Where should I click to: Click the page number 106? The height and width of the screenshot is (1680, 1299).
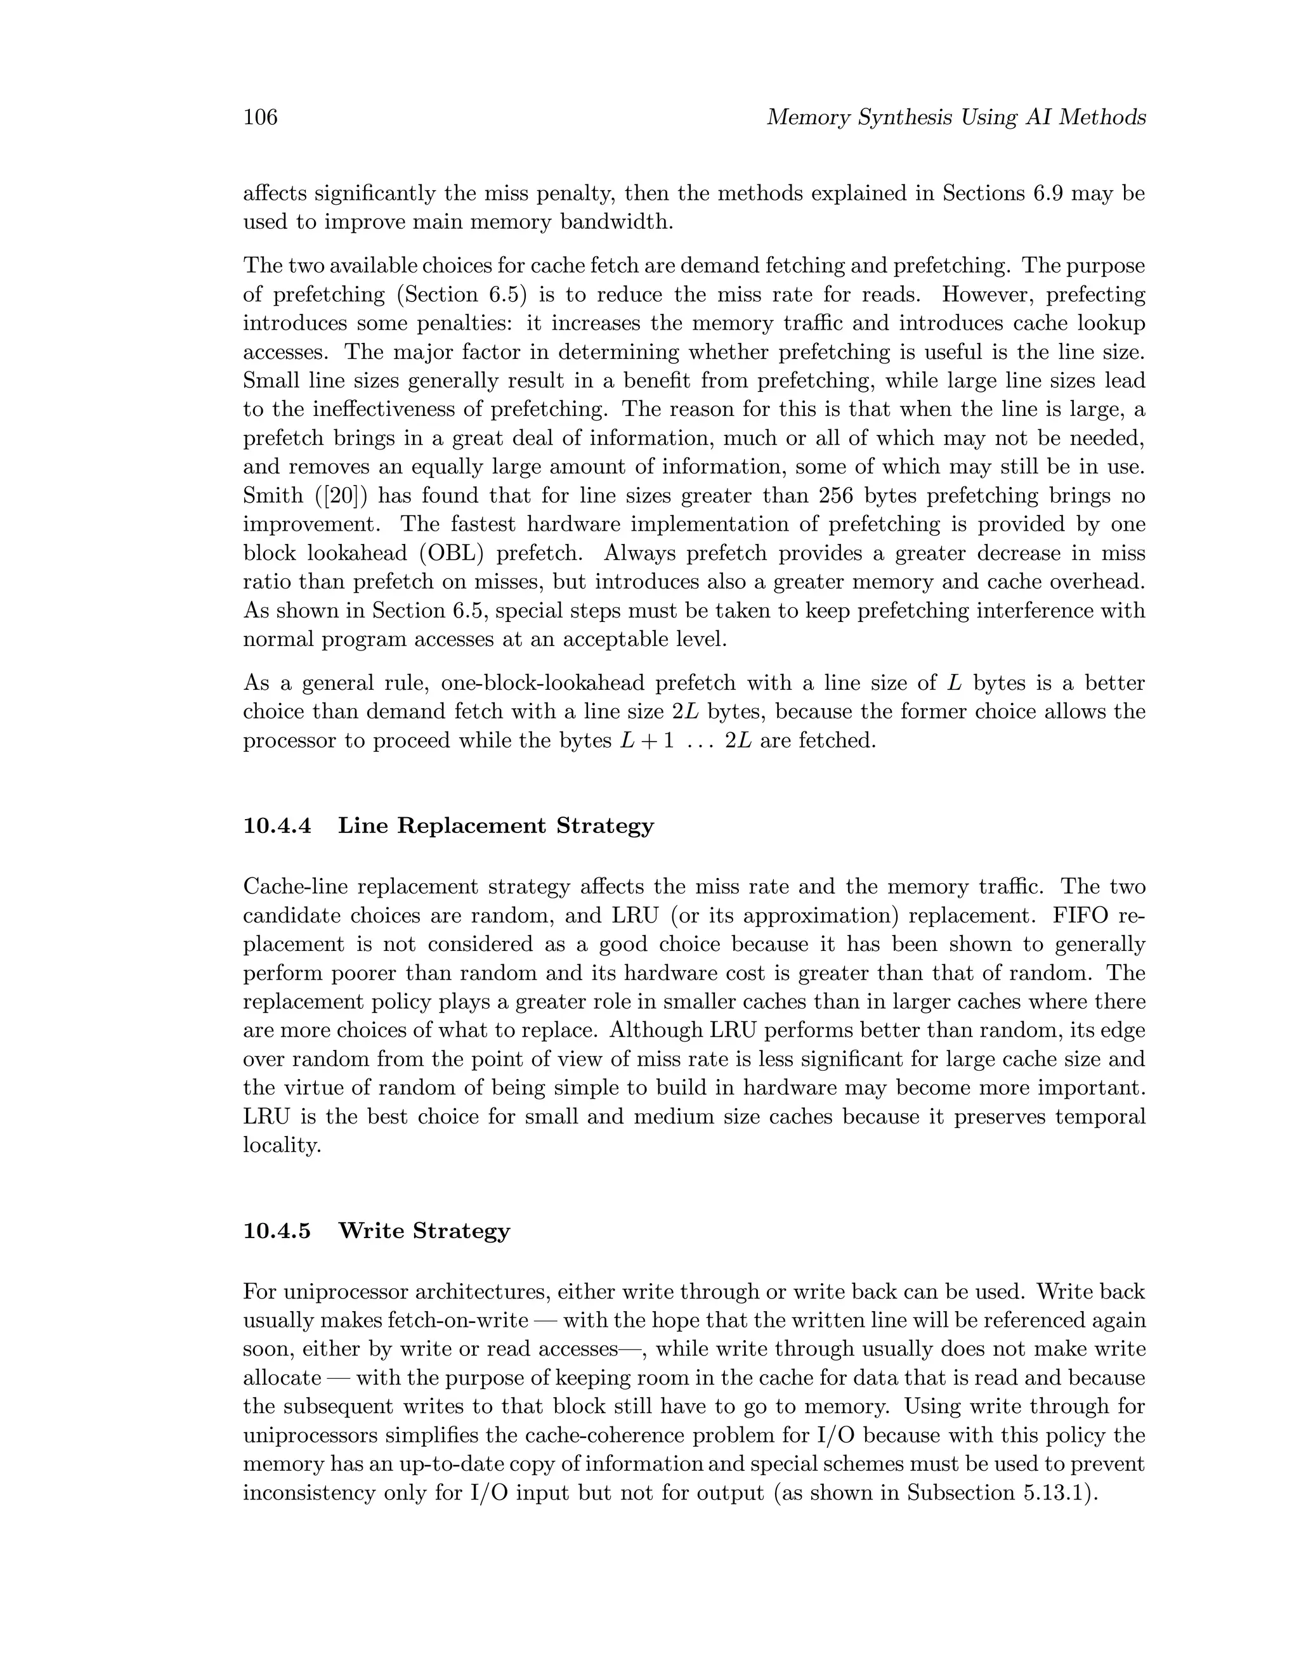pos(260,118)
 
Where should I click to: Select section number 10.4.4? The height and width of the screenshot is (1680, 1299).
pos(277,826)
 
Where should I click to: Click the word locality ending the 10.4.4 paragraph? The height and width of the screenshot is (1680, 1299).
pos(281,1146)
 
